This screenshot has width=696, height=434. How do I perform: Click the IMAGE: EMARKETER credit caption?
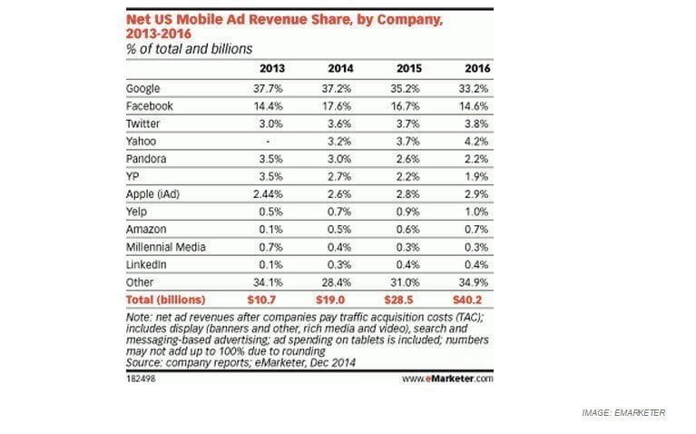(623, 413)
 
